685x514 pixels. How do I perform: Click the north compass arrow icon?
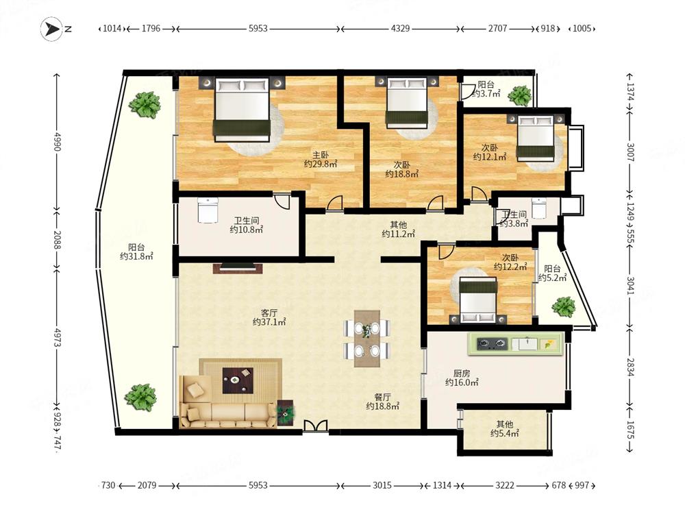tap(52, 29)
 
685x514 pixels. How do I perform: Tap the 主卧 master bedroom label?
tap(320, 155)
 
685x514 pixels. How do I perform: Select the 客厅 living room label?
tap(269, 313)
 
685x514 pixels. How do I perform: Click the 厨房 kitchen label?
tap(461, 374)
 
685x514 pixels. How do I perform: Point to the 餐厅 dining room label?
tap(382, 397)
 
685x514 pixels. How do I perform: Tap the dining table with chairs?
tap(367, 339)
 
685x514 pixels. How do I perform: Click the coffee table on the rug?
tap(238, 380)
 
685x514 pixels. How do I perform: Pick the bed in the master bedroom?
tap(241, 110)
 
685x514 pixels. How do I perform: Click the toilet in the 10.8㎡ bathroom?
tap(208, 210)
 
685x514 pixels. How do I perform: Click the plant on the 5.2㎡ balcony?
tap(564, 306)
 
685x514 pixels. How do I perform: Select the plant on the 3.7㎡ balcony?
tap(519, 96)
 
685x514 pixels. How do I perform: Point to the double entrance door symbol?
tap(315, 426)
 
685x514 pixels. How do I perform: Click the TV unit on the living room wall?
tap(238, 268)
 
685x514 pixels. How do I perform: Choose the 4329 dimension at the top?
tap(400, 28)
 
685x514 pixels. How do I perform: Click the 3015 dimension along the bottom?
tap(382, 485)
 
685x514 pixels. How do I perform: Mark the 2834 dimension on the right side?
tap(630, 367)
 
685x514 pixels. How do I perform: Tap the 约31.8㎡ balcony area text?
tap(136, 256)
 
